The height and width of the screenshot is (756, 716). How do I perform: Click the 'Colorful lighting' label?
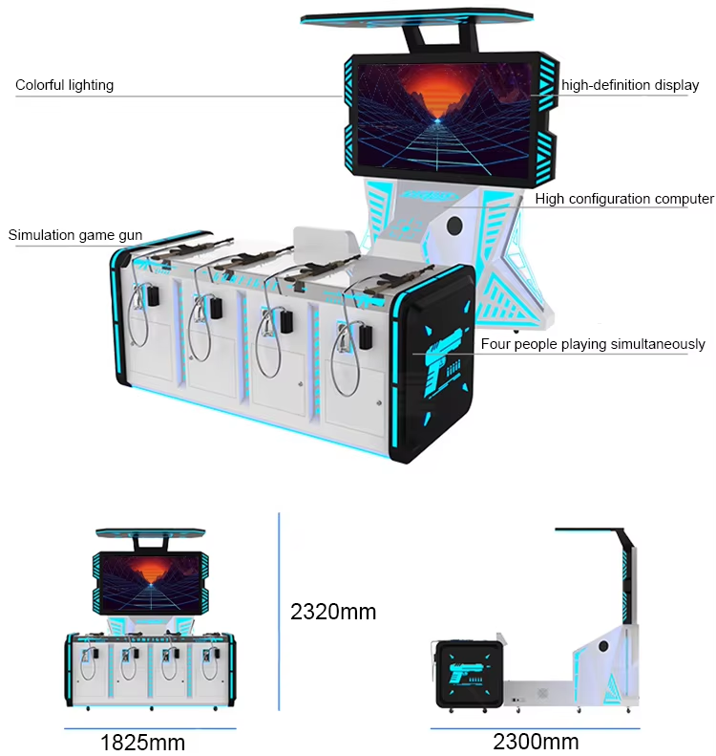pyautogui.click(x=65, y=85)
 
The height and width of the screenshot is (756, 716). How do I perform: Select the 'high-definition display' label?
pyautogui.click(x=630, y=85)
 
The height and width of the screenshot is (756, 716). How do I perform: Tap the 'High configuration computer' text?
pyautogui.click(x=624, y=199)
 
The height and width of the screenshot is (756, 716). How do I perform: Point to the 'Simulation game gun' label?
pyautogui.click(x=75, y=235)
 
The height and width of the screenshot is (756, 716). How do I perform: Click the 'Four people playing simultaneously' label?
pyautogui.click(x=593, y=344)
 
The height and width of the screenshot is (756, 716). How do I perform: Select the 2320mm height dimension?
pyautogui.click(x=333, y=612)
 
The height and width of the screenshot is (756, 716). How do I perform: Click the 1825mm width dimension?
pyautogui.click(x=142, y=743)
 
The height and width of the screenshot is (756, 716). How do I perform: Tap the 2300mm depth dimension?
pyautogui.click(x=536, y=742)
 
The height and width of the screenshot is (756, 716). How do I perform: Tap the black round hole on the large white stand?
pyautogui.click(x=454, y=226)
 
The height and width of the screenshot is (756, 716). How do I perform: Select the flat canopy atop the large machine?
pyautogui.click(x=416, y=17)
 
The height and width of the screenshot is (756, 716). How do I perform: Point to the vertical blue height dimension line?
pyautogui.click(x=279, y=612)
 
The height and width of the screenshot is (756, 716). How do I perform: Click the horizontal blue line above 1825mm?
pyautogui.click(x=150, y=728)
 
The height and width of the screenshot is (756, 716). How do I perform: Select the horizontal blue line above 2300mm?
pyautogui.click(x=535, y=728)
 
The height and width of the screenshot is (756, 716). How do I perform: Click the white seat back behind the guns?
pyautogui.click(x=325, y=241)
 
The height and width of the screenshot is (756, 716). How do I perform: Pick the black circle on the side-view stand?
pyautogui.click(x=602, y=646)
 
